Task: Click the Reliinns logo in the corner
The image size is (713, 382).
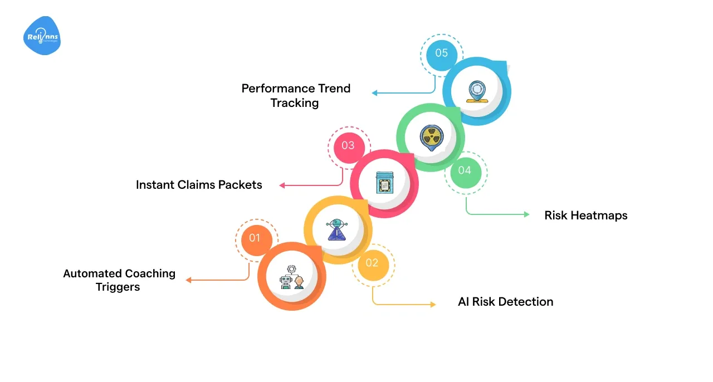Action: [x=42, y=36]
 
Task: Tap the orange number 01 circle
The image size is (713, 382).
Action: [x=255, y=238]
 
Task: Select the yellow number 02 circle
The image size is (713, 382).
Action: [x=372, y=263]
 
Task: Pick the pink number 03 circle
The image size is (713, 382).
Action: [x=348, y=145]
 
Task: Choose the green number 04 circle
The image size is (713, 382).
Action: [x=465, y=170]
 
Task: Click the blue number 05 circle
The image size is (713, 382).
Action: [x=441, y=53]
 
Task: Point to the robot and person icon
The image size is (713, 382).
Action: [x=292, y=276]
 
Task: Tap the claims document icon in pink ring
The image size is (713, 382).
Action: [x=384, y=183]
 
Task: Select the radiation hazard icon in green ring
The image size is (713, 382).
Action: [x=430, y=136]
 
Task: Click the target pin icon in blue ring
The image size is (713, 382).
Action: [x=477, y=91]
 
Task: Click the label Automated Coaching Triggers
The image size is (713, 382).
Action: [x=119, y=280]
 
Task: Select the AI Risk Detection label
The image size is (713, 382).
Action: [x=505, y=302]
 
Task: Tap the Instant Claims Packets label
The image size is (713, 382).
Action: [x=199, y=185]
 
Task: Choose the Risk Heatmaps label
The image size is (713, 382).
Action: [x=585, y=216]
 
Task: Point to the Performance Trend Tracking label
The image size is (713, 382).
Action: [x=295, y=95]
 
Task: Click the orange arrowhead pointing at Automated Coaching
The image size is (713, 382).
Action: [x=188, y=280]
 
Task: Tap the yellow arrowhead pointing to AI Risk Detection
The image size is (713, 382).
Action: [x=433, y=305]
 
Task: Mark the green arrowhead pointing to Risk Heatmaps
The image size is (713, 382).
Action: [x=526, y=214]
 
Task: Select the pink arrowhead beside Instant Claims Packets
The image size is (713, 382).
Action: [x=282, y=185]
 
